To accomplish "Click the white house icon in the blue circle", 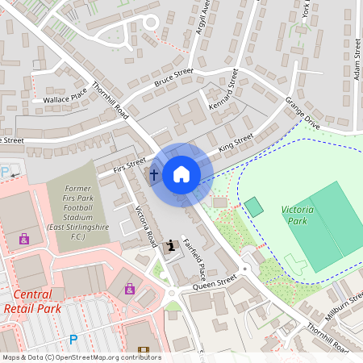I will pos(181,174).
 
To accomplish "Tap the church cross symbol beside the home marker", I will pos(154,173).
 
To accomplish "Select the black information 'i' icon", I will pos(169,245).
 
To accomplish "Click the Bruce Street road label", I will pos(173,77).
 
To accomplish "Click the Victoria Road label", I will pos(145,226).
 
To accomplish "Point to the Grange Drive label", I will pos(302,113).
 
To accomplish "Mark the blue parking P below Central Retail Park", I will pos(73,340).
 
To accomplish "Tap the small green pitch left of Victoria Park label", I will pos(254,207).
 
